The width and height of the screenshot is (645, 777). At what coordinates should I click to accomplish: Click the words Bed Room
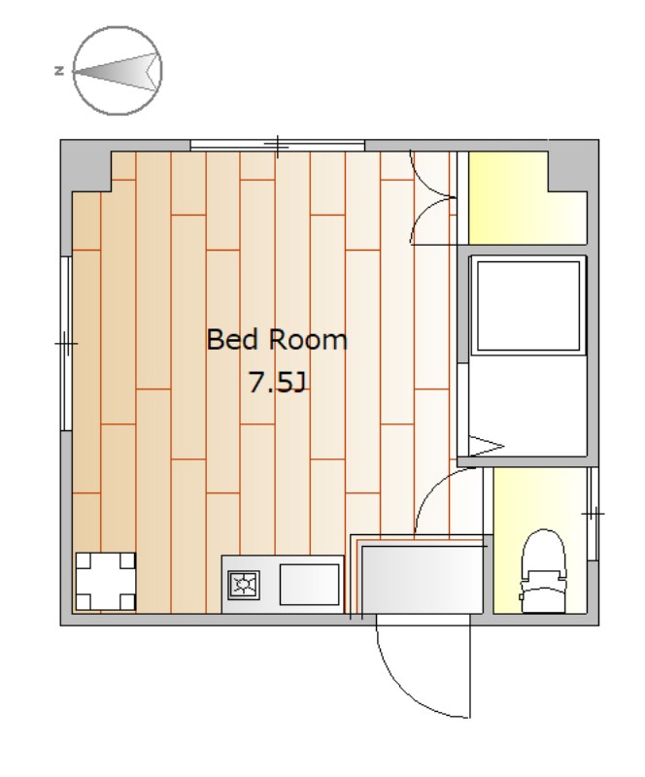tap(277, 340)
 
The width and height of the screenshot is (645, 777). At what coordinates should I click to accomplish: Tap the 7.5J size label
tap(278, 382)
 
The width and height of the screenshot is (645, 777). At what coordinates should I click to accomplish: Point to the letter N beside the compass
tap(59, 71)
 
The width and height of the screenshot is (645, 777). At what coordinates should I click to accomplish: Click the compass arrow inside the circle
tap(118, 72)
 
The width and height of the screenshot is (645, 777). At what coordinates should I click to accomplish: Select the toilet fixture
tap(543, 571)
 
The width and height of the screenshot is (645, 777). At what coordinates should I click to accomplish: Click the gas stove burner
tap(244, 585)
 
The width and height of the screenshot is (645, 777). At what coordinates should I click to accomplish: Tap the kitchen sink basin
tap(309, 585)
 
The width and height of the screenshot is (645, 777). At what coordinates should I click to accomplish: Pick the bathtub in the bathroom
tap(528, 306)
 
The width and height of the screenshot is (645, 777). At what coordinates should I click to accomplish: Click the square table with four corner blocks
tap(105, 581)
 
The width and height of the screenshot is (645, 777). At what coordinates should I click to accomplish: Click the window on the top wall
tap(278, 146)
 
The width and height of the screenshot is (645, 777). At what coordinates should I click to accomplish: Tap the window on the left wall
tap(66, 344)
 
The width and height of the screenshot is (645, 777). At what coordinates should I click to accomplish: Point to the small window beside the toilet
tap(593, 514)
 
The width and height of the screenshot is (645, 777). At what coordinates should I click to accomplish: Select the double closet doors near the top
tap(432, 198)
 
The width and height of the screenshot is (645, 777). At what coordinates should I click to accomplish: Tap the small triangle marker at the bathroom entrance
tap(486, 446)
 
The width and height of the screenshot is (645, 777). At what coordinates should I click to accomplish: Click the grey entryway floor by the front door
tap(422, 579)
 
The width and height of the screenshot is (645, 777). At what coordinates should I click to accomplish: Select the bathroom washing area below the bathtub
tap(528, 405)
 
